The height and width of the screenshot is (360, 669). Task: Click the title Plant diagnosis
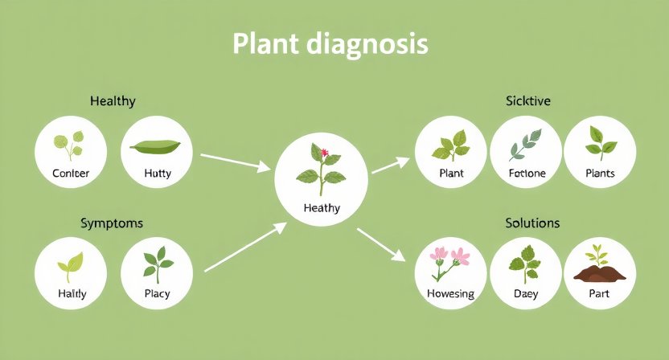(330, 44)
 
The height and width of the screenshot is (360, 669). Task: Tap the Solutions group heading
(532, 222)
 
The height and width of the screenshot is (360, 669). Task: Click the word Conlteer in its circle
(71, 174)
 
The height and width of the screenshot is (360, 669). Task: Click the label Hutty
(158, 174)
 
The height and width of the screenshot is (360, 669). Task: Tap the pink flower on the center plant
(325, 152)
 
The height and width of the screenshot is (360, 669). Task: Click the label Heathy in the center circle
(322, 208)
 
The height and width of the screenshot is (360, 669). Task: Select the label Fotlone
(527, 174)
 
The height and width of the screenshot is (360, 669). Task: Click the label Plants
(600, 174)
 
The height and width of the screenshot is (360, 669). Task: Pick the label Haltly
(72, 294)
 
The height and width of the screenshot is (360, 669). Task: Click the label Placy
(158, 294)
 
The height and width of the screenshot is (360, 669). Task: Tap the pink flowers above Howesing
(450, 257)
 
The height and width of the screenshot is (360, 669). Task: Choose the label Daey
(526, 294)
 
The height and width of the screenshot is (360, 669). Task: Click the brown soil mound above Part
(600, 273)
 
